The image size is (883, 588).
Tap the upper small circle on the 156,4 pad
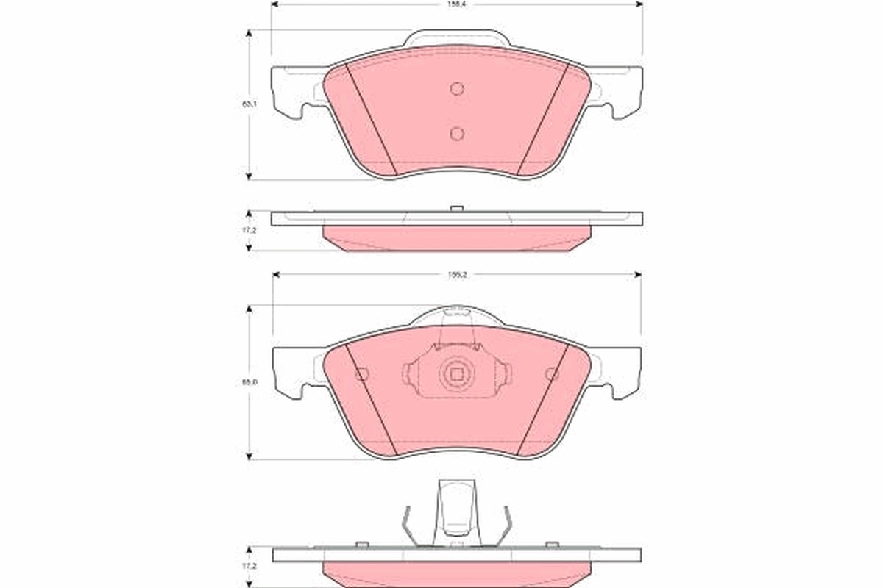(x=456, y=88)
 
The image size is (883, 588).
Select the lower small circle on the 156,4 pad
(x=456, y=133)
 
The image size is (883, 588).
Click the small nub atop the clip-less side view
(x=456, y=209)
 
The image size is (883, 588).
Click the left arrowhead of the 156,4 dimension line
(x=274, y=4)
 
